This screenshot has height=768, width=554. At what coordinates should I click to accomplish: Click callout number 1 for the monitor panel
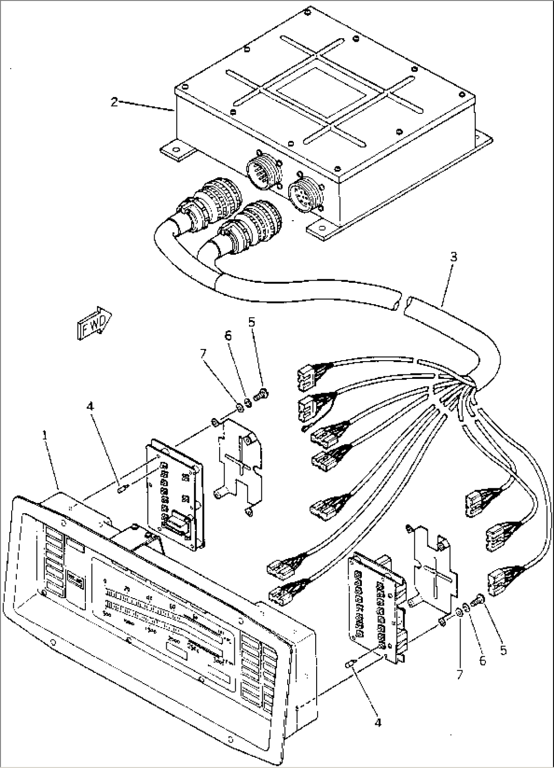[46, 436]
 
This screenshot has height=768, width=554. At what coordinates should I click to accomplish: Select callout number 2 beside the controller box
[114, 102]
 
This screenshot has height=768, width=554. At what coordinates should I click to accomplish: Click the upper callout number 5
[252, 323]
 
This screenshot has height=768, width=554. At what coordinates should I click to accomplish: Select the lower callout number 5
[503, 650]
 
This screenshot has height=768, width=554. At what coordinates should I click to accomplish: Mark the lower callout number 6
[482, 661]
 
